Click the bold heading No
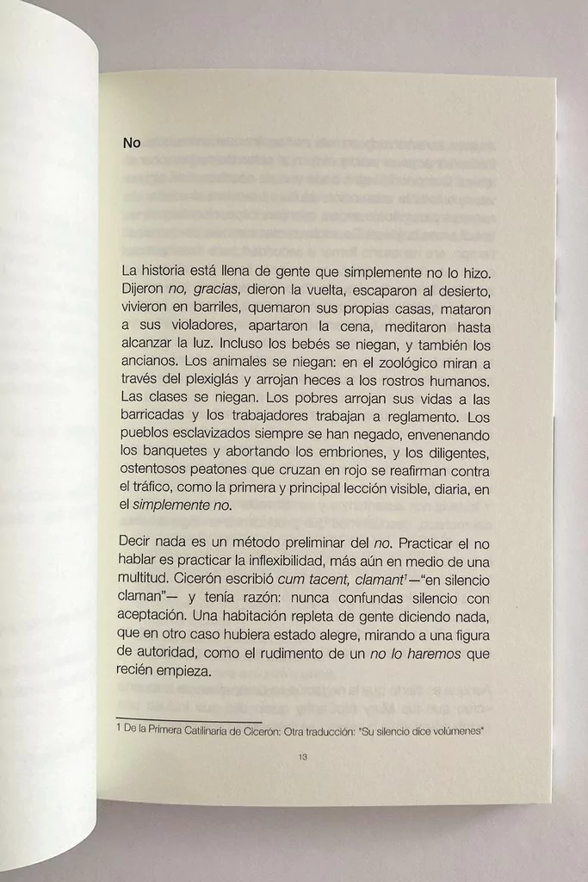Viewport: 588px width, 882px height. [131, 143]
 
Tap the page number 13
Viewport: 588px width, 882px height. [301, 758]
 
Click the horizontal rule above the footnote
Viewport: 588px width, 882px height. [189, 722]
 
